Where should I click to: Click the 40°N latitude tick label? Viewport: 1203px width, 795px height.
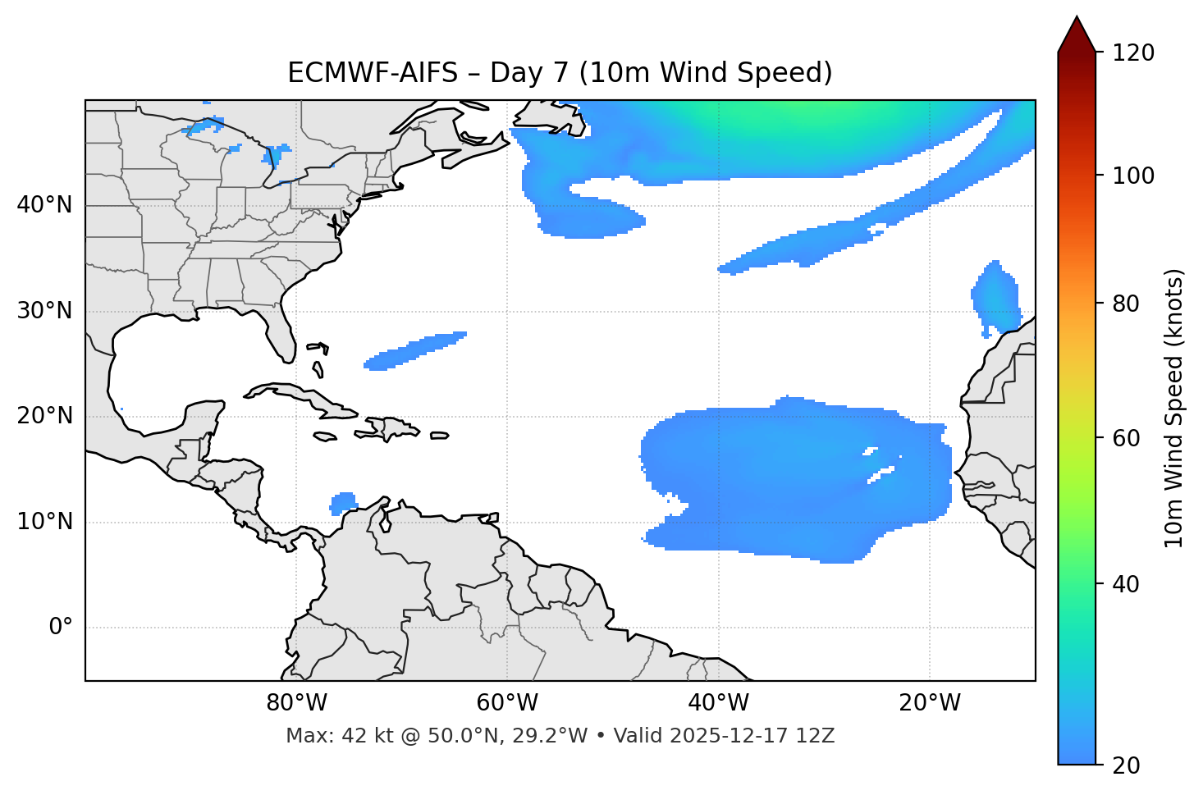pyautogui.click(x=44, y=205)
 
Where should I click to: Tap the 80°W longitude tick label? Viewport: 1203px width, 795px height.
pyautogui.click(x=296, y=703)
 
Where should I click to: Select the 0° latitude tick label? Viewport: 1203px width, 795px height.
pyautogui.click(x=61, y=628)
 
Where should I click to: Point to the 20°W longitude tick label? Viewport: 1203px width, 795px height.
pyautogui.click(x=930, y=703)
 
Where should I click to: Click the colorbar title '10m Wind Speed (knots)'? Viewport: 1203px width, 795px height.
pyautogui.click(x=1174, y=409)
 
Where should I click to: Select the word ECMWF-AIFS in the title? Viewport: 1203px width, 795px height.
pyautogui.click(x=373, y=73)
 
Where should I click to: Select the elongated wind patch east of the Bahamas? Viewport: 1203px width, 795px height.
pyautogui.click(x=414, y=350)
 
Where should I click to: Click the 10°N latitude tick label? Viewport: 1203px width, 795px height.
pyautogui.click(x=44, y=523)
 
